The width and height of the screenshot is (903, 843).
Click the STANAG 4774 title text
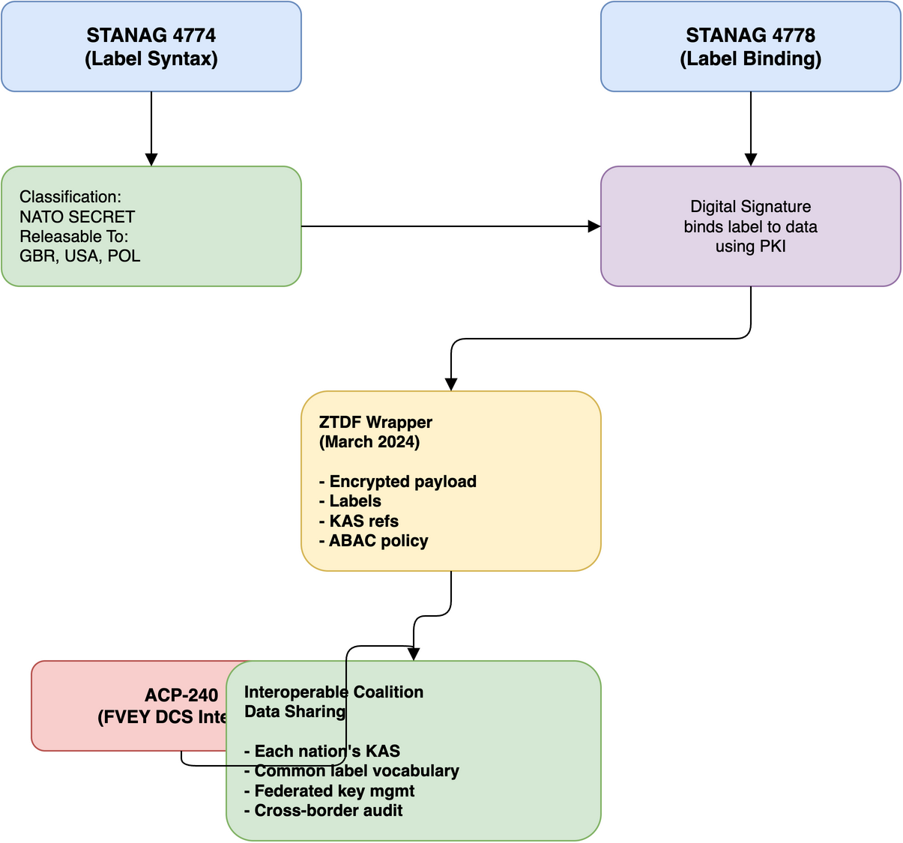click(151, 35)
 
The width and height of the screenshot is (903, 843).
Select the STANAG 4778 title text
click(750, 35)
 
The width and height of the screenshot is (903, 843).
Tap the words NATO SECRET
click(77, 217)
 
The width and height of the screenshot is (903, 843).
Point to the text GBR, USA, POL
click(79, 256)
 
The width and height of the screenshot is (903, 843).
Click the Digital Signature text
click(750, 207)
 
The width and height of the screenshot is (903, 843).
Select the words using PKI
click(750, 247)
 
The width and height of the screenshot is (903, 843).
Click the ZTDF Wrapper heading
click(375, 423)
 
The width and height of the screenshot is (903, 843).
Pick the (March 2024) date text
click(369, 442)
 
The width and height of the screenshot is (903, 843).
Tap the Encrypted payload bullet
click(398, 482)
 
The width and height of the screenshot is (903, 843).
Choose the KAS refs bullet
click(359, 522)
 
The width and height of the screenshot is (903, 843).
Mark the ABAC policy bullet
click(374, 541)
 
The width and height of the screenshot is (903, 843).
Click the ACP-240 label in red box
click(181, 695)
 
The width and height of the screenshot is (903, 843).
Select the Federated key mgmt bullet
click(330, 791)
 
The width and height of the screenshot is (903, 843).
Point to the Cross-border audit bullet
click(324, 811)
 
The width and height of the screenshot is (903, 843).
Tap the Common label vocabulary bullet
click(352, 771)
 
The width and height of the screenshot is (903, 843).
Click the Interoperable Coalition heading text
click(333, 692)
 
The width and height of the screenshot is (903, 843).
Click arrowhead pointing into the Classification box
click(151, 160)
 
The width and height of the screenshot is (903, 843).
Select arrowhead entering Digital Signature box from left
click(594, 226)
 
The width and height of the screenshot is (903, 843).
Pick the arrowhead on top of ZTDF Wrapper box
click(451, 384)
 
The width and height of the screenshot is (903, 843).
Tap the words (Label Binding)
click(750, 59)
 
